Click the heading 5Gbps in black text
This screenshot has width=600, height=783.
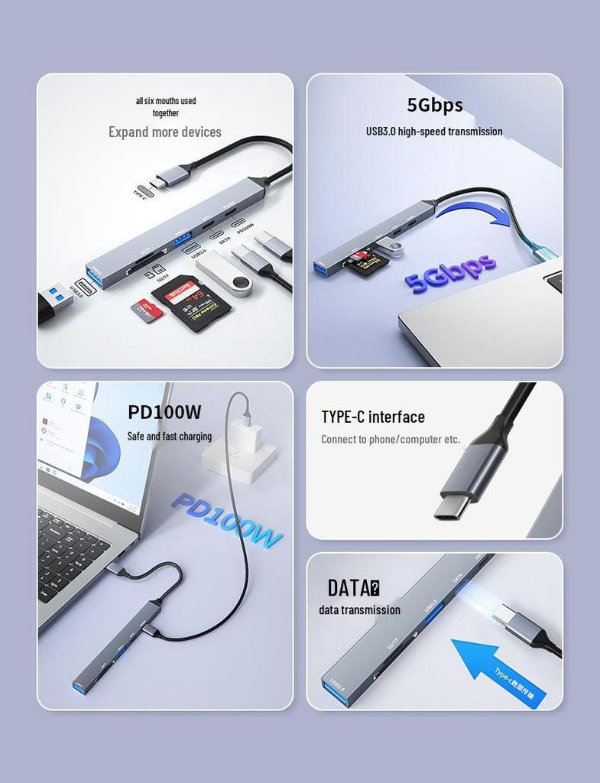(x=434, y=105)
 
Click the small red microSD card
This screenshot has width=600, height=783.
(x=148, y=310)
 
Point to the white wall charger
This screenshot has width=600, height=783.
(x=240, y=456)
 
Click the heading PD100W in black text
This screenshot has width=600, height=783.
(x=164, y=412)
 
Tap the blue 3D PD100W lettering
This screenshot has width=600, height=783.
(x=227, y=521)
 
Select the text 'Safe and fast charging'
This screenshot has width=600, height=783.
(x=169, y=437)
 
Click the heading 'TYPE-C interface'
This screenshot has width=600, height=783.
(x=373, y=417)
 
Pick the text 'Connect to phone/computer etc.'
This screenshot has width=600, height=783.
(x=391, y=439)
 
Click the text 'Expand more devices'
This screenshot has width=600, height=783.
(x=164, y=132)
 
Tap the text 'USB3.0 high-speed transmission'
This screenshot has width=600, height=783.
(x=434, y=132)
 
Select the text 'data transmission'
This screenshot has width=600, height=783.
(x=359, y=610)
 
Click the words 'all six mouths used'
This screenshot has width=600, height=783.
(x=166, y=101)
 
